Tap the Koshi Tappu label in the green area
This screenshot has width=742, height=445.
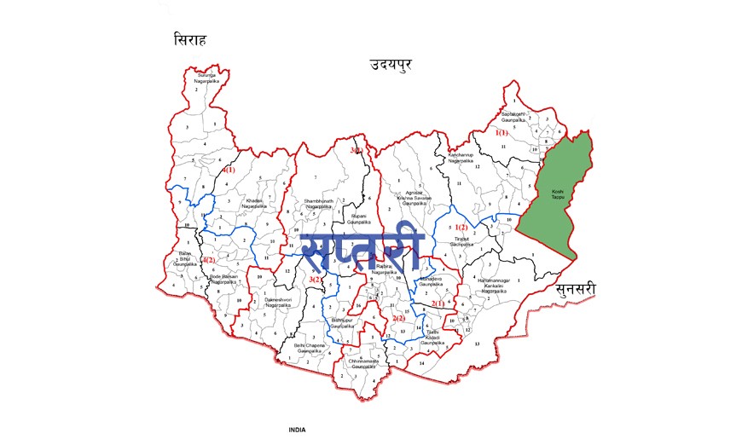tap(558, 195)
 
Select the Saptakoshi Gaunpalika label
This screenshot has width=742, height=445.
tap(517, 116)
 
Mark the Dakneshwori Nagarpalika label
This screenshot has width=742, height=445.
tap(279, 303)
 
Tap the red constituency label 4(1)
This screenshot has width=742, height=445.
tap(229, 171)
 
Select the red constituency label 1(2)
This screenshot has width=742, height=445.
tap(461, 227)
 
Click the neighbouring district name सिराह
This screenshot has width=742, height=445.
tap(191, 40)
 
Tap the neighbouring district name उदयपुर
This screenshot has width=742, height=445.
tap(390, 65)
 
